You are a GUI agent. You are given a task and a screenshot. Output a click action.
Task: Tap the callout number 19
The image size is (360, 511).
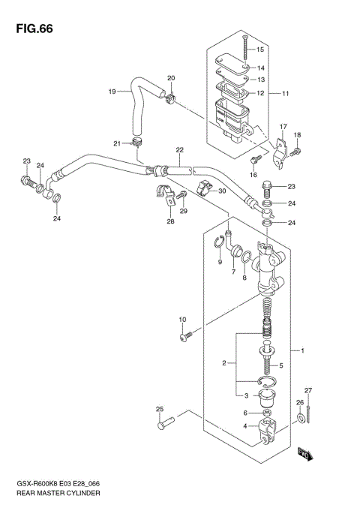click(x=112, y=92)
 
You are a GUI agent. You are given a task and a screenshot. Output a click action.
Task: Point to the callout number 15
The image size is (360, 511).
click(x=260, y=50)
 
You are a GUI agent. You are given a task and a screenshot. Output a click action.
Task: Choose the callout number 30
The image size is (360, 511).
click(x=222, y=191)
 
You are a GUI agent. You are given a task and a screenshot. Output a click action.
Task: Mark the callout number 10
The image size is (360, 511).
click(x=182, y=320)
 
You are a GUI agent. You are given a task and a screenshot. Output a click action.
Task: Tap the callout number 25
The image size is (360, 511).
click(x=159, y=409)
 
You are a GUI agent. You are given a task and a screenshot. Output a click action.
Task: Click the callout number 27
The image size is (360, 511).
click(x=307, y=391)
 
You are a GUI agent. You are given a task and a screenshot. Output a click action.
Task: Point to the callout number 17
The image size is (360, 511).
click(x=283, y=126)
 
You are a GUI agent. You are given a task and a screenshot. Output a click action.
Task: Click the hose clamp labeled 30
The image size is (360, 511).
click(x=202, y=188)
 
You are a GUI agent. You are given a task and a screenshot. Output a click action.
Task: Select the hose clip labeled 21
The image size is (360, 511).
click(x=137, y=140)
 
